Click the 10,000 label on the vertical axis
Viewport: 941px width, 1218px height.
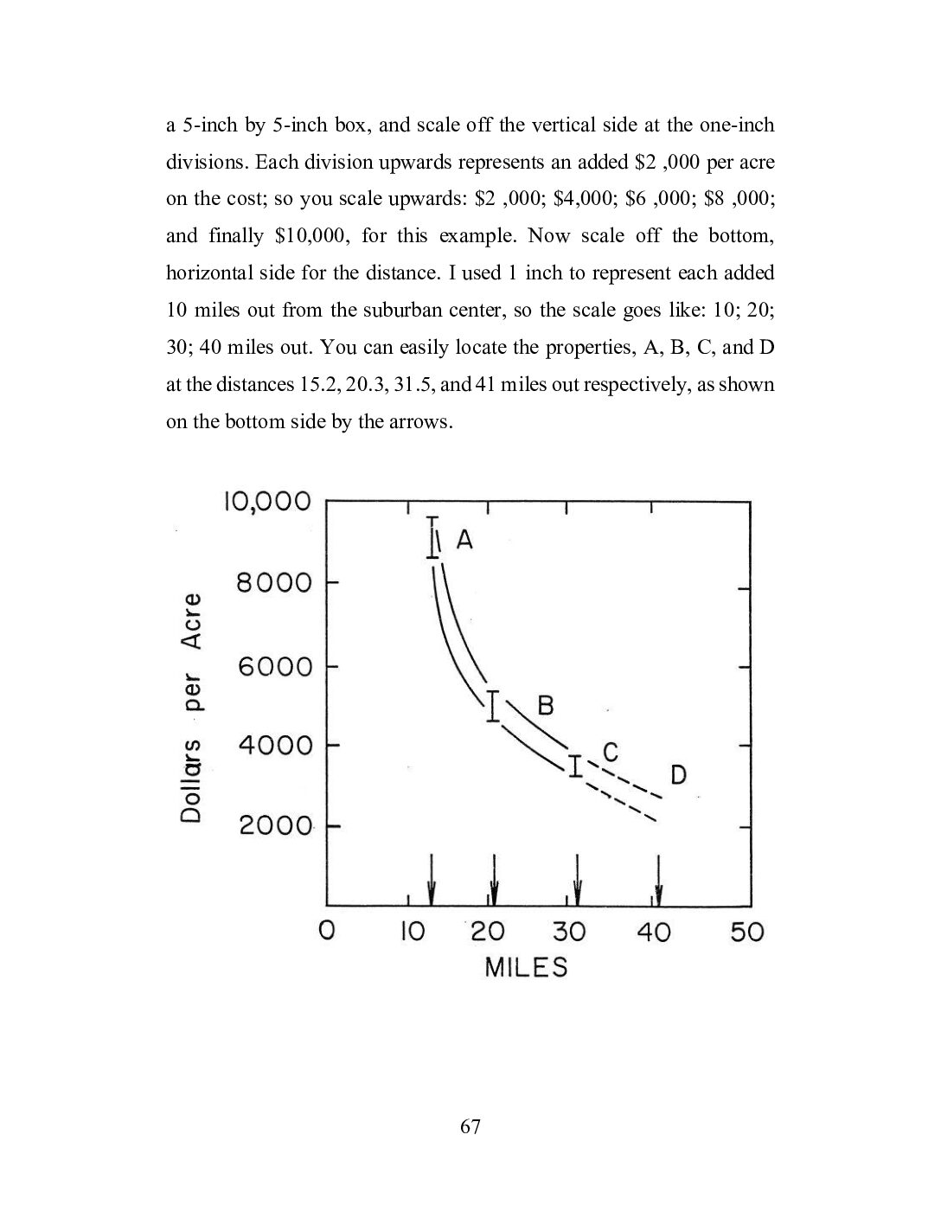(266, 501)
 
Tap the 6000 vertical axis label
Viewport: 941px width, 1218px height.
(274, 666)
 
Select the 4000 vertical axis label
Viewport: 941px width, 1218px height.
(274, 745)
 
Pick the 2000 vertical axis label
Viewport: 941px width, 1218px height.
(275, 825)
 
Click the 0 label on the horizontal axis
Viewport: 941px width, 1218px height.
(326, 932)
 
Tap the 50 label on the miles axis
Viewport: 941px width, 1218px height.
(747, 932)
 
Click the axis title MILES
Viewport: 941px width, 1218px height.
(526, 966)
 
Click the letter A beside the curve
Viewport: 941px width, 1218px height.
(464, 541)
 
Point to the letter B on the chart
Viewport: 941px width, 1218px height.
(545, 705)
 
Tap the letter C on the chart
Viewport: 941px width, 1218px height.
(611, 753)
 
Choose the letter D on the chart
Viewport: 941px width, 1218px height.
(678, 774)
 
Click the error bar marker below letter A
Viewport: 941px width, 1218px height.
(432, 538)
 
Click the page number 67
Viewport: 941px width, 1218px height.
(470, 1126)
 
